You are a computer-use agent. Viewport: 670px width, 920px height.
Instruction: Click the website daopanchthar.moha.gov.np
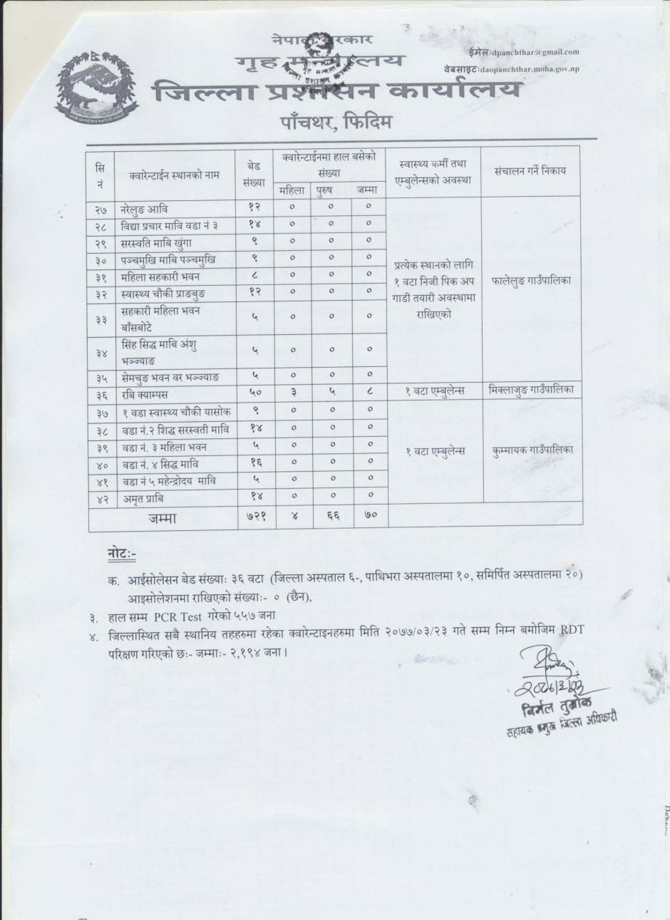pyautogui.click(x=540, y=69)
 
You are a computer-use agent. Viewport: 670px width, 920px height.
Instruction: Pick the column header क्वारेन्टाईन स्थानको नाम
pyautogui.click(x=175, y=173)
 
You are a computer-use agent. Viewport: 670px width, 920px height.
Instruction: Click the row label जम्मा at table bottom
pyautogui.click(x=163, y=518)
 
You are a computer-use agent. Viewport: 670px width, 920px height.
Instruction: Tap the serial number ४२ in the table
pyautogui.click(x=100, y=498)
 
